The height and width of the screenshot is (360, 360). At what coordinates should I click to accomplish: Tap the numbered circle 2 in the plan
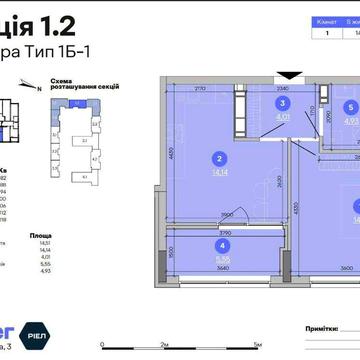click(x=219, y=156)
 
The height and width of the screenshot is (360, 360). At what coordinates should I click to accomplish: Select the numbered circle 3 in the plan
click(x=282, y=102)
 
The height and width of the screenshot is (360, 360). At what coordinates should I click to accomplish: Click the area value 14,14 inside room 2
click(x=219, y=171)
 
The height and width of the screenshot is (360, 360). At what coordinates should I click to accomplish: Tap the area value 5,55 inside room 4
click(x=220, y=256)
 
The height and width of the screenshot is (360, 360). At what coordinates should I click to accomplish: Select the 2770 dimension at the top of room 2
click(x=200, y=89)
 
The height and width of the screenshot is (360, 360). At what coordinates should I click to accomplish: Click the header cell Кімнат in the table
click(x=326, y=20)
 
